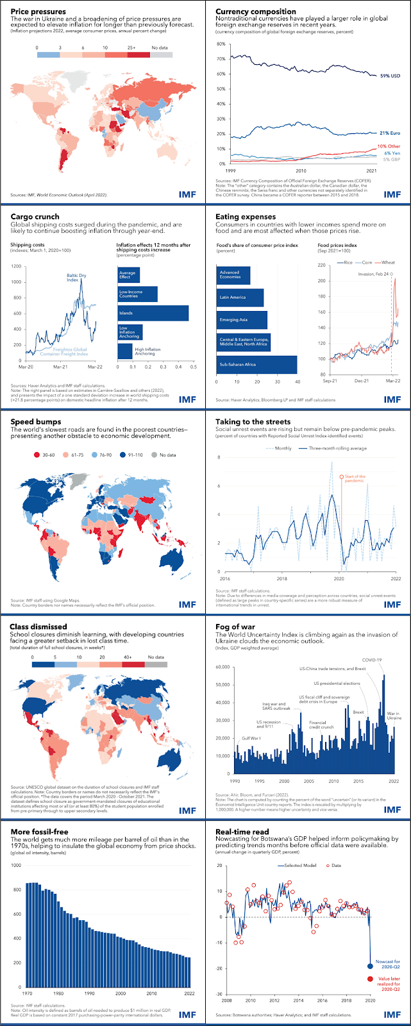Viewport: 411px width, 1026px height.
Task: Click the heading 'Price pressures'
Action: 38,12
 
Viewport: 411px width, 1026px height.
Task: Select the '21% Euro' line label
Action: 390,133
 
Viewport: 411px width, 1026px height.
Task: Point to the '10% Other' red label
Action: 389,146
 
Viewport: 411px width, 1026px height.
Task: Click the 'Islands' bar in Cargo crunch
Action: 153,313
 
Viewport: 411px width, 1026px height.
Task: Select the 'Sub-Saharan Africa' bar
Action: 257,364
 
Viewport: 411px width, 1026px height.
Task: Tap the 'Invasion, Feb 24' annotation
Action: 376,274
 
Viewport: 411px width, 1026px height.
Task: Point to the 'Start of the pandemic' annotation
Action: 355,478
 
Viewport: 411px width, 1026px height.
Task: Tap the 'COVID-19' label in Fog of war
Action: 372,660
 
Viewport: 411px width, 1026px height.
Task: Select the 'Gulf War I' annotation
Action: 251,739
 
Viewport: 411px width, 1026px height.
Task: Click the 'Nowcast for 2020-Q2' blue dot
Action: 370,966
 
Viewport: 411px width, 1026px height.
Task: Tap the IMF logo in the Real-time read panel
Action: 392,1014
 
